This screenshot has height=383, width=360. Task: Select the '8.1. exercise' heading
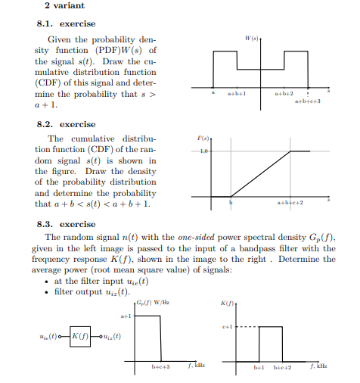(67, 23)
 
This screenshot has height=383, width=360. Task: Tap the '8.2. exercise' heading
(67, 123)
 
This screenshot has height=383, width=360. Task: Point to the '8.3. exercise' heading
(67, 224)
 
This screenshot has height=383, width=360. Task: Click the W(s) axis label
(252, 36)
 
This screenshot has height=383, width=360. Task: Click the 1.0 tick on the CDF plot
(203, 152)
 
